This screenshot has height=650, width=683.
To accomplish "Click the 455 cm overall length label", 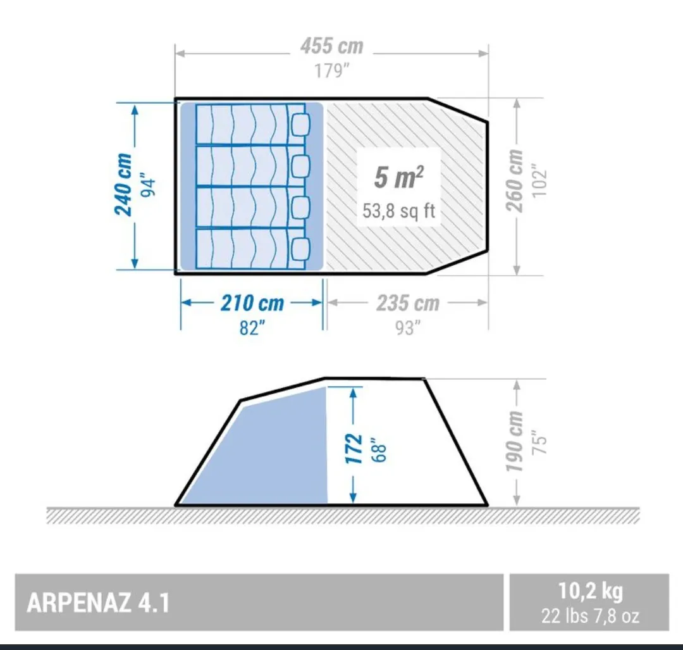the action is (331, 46).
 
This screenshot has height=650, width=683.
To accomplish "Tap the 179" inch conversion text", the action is (332, 71).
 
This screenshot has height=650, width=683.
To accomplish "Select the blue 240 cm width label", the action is (123, 184).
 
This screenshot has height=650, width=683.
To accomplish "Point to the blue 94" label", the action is (148, 187).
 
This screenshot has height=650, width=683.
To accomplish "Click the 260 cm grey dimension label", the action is (514, 180).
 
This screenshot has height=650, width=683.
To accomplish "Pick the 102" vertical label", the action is (539, 180).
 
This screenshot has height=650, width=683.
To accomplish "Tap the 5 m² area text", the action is (398, 177).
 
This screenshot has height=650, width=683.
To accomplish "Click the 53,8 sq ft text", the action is (398, 211).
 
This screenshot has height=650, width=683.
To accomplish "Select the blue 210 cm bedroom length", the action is (252, 303).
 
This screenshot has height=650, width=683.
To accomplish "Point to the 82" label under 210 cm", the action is (252, 328).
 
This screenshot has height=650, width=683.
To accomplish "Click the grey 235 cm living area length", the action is (408, 303).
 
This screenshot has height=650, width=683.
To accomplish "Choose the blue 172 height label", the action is (354, 449).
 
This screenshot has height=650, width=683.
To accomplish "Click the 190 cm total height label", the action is (514, 441).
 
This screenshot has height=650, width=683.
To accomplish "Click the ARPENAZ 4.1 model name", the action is (98, 603).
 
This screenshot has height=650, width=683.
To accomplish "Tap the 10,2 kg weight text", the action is (590, 591).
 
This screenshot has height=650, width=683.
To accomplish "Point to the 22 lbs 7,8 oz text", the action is (590, 616).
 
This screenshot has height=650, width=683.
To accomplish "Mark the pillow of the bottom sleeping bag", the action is (300, 248).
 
